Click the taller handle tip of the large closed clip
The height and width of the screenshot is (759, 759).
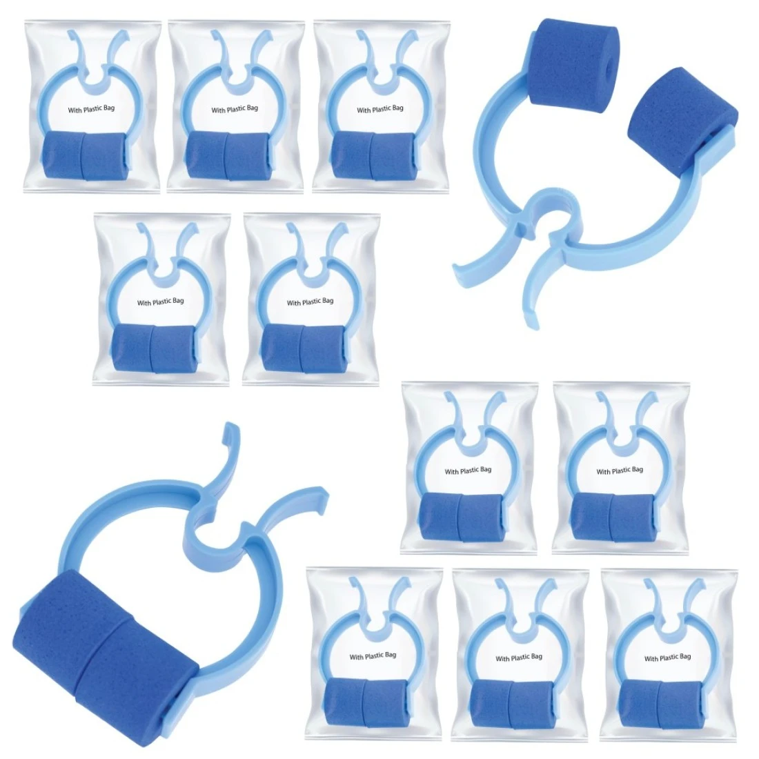pos(233,431)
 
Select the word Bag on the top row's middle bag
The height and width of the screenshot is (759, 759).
pos(252,108)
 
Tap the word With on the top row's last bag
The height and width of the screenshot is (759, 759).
pos(364,110)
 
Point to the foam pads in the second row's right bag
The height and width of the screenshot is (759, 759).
pos(304,348)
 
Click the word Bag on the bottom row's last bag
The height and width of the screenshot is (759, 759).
pos(684,657)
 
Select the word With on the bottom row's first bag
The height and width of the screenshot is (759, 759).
pos(356,657)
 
